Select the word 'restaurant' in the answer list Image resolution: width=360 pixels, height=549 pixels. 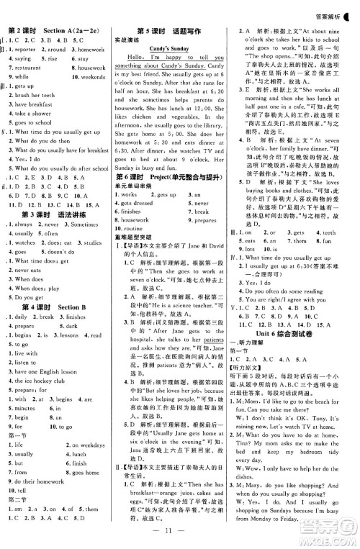tap(31, 67)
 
